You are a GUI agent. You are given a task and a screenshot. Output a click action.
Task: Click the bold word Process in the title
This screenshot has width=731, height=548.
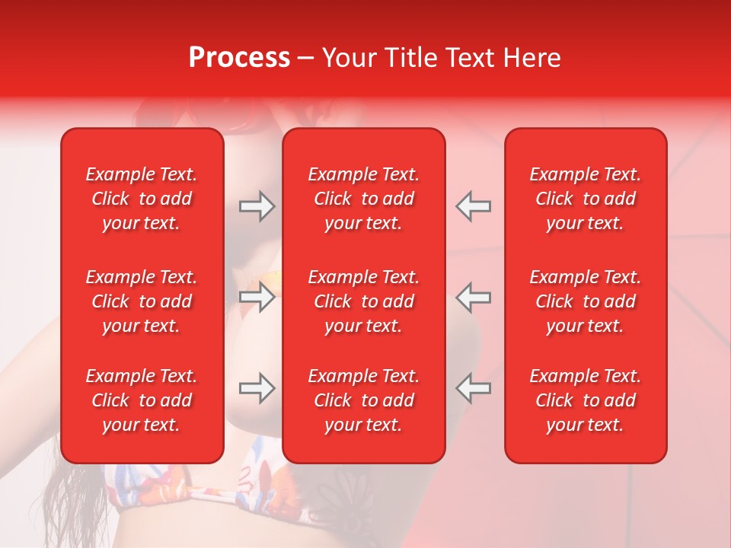point(239,58)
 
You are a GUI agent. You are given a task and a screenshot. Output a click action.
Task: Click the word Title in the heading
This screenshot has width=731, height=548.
point(412,58)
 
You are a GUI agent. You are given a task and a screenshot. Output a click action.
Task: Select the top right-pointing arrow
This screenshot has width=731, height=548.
point(257,206)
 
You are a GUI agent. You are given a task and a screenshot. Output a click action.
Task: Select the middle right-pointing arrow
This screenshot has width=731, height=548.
point(257,297)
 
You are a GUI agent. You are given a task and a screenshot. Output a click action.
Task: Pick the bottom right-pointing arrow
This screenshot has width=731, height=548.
point(257,388)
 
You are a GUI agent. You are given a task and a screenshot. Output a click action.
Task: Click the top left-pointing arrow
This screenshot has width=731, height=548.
point(474,206)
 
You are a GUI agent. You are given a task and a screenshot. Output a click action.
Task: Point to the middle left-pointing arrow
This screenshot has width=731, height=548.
point(474,297)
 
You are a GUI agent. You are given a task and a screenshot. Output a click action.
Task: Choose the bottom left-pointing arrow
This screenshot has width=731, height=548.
point(474,388)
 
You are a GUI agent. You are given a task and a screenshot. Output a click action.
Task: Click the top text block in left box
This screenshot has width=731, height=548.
point(142,199)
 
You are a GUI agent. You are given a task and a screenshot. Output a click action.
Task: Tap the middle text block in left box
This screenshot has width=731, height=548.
point(142,301)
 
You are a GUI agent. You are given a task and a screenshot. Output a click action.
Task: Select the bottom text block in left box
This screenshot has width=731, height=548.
point(142,400)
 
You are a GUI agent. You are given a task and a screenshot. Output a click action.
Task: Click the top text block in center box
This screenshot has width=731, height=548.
point(364,199)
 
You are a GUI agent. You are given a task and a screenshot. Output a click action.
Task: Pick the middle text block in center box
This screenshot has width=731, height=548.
point(364,301)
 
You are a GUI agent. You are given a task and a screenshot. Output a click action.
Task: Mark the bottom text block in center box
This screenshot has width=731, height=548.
point(364,400)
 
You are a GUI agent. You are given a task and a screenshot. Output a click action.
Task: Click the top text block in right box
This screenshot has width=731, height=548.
point(586,199)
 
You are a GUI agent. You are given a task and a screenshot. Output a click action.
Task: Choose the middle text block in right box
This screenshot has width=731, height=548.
point(586,301)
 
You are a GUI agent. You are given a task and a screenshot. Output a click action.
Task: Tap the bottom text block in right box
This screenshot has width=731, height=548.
point(586,400)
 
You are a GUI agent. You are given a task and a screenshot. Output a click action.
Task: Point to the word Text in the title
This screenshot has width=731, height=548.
point(472,58)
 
